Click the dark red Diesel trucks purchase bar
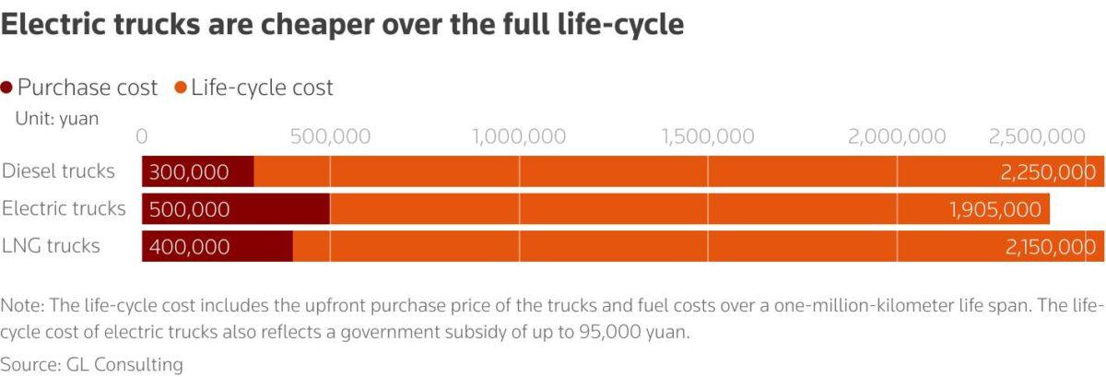pyautogui.click(x=198, y=171)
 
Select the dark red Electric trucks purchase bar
pyautogui.click(x=236, y=209)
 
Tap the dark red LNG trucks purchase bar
pyautogui.click(x=218, y=246)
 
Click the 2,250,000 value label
pyautogui.click(x=1047, y=172)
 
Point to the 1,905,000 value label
pyautogui.click(x=994, y=210)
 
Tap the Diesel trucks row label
pyautogui.click(x=59, y=171)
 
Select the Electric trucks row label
pyautogui.click(x=64, y=208)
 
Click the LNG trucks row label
pyautogui.click(x=51, y=245)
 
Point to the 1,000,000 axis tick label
pyautogui.click(x=519, y=136)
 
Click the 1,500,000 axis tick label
pyautogui.click(x=708, y=136)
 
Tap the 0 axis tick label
pyautogui.click(x=142, y=136)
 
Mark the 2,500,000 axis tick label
pyautogui.click(x=1037, y=136)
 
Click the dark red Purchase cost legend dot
pyautogui.click(x=7, y=88)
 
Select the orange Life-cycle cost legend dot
pyautogui.click(x=181, y=88)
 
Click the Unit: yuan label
pyautogui.click(x=56, y=118)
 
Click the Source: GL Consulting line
pyautogui.click(x=92, y=364)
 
